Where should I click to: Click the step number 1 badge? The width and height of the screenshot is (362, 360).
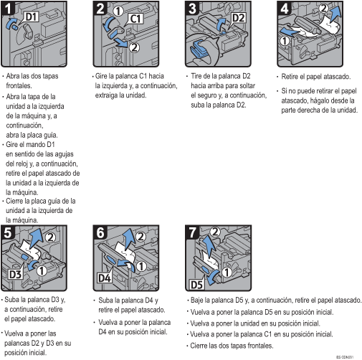(x=8, y=8)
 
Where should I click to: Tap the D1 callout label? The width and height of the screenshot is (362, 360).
(x=32, y=16)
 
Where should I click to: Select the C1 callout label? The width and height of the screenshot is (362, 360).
(x=135, y=19)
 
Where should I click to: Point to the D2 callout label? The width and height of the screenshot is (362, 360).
(x=238, y=18)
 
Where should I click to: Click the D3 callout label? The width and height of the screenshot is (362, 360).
(x=15, y=274)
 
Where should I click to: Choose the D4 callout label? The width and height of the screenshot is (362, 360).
(x=105, y=278)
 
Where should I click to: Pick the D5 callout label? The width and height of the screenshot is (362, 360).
(x=196, y=285)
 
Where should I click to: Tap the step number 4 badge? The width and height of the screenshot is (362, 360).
(x=284, y=8)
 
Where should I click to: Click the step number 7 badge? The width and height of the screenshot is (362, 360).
(x=192, y=232)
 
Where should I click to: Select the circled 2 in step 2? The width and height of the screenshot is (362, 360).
(x=134, y=48)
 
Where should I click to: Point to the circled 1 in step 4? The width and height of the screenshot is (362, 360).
(x=285, y=41)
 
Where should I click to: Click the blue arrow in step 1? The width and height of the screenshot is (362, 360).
(x=11, y=23)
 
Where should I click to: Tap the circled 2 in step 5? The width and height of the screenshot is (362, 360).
(x=50, y=237)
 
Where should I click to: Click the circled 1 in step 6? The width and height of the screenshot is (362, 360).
(x=141, y=266)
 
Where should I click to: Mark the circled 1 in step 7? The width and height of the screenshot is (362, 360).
(x=227, y=272)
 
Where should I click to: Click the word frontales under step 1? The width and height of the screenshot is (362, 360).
(x=19, y=85)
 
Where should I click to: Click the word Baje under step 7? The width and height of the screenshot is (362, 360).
(x=197, y=300)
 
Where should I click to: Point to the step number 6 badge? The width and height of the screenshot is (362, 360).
(x=100, y=232)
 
